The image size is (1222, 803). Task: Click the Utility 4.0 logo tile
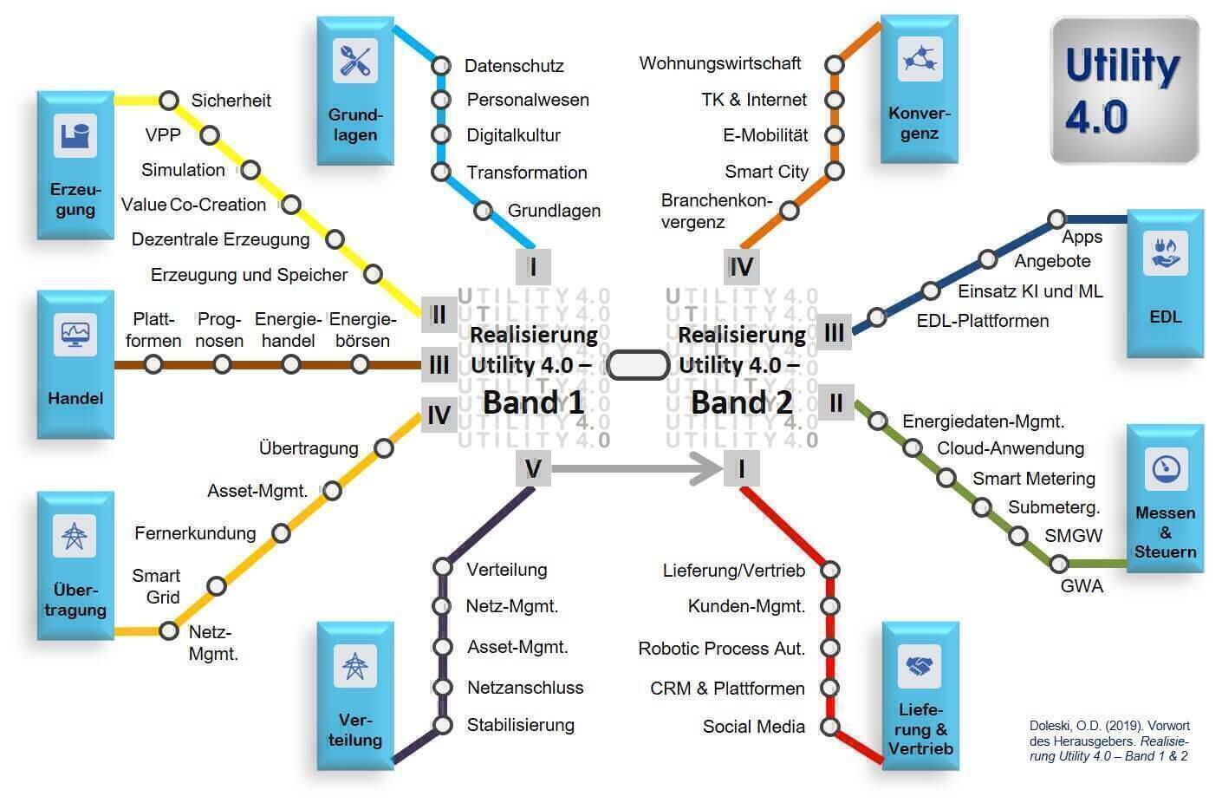point(1124,90)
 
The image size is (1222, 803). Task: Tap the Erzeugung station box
point(75,165)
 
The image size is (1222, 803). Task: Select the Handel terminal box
point(75,364)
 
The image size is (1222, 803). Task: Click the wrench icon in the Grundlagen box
point(354,61)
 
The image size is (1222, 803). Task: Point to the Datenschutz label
point(514,66)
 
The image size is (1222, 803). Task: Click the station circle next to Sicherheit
point(169,101)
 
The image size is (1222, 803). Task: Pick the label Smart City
point(766,172)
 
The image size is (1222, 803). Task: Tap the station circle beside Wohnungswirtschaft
point(834,65)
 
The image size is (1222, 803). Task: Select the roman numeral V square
point(533,469)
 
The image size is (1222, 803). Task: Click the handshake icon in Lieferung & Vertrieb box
point(919,666)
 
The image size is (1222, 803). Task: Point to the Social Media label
point(753,727)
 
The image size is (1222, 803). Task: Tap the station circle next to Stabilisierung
point(443,725)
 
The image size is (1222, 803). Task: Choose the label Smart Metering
point(1033,479)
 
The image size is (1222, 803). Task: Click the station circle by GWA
point(1059,565)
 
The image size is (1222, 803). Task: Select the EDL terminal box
point(1165,283)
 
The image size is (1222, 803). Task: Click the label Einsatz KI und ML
point(1030,291)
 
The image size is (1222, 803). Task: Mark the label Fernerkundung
point(195,532)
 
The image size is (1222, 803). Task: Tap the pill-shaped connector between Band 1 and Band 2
point(638,366)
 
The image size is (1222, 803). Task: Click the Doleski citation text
point(1108,741)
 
